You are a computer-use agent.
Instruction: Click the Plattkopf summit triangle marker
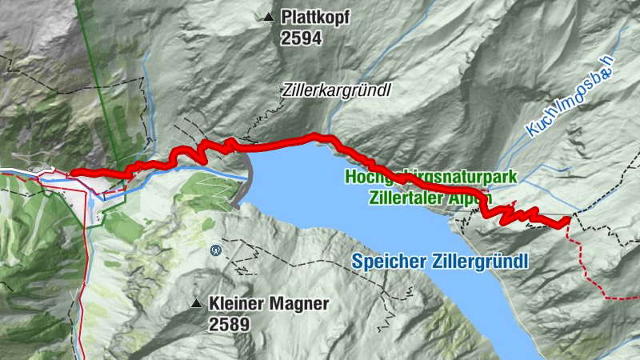click(x=268, y=16)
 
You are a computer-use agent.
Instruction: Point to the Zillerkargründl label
click(x=336, y=90)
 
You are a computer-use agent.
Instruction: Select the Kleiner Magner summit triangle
click(x=196, y=303)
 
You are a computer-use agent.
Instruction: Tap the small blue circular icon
click(x=215, y=250)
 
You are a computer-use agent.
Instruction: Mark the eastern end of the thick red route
click(x=568, y=218)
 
